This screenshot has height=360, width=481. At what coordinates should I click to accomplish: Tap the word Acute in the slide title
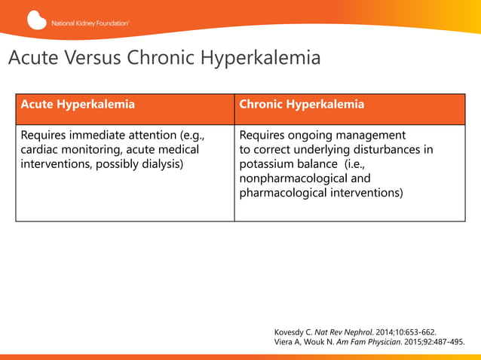tap(32, 58)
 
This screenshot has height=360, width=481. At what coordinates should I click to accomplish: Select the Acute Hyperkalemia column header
tap(78, 105)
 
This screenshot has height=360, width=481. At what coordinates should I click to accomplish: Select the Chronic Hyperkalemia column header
tap(302, 105)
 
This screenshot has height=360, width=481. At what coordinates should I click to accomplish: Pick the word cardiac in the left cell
tap(42, 150)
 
